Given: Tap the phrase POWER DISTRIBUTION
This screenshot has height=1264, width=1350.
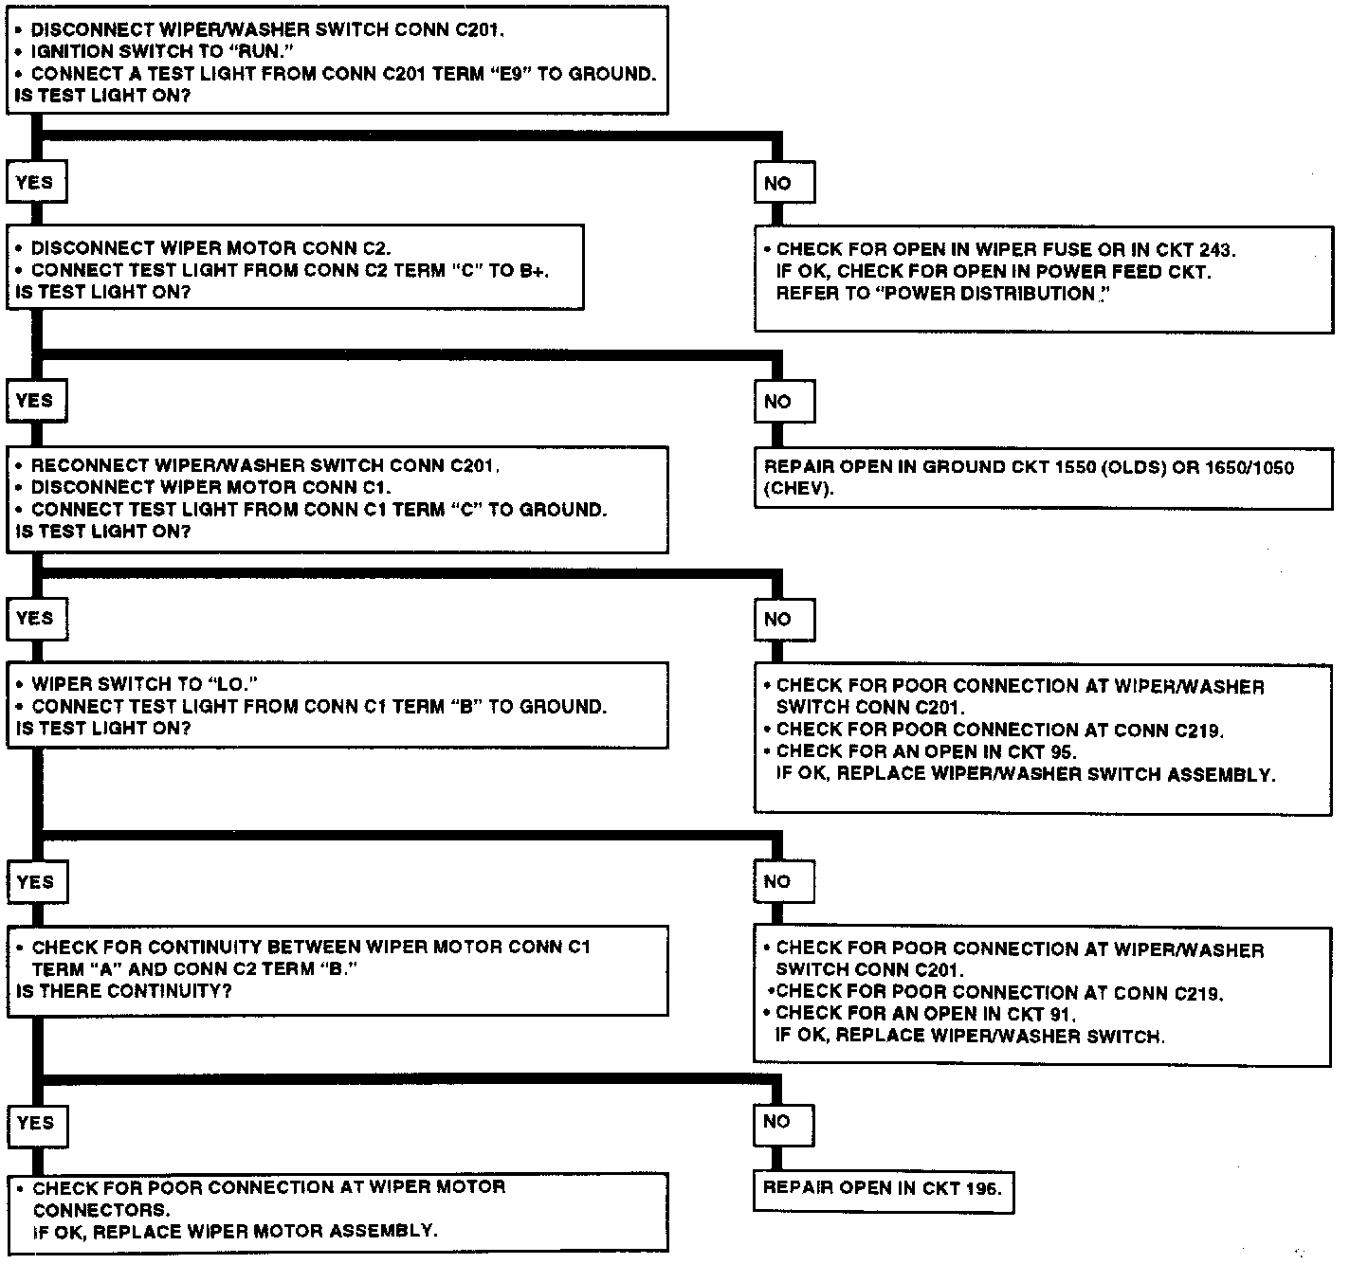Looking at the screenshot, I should (x=989, y=294).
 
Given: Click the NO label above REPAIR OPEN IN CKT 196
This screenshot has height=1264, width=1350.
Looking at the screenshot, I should (x=776, y=1122).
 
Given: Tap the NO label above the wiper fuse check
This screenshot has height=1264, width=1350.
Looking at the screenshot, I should (x=777, y=183).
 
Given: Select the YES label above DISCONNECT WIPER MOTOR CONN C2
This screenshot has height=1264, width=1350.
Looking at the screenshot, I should (x=35, y=182).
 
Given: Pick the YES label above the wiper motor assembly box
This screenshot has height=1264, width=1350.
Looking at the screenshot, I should (x=35, y=1123).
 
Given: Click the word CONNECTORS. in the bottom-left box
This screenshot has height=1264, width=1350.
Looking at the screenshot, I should (x=100, y=1210).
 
